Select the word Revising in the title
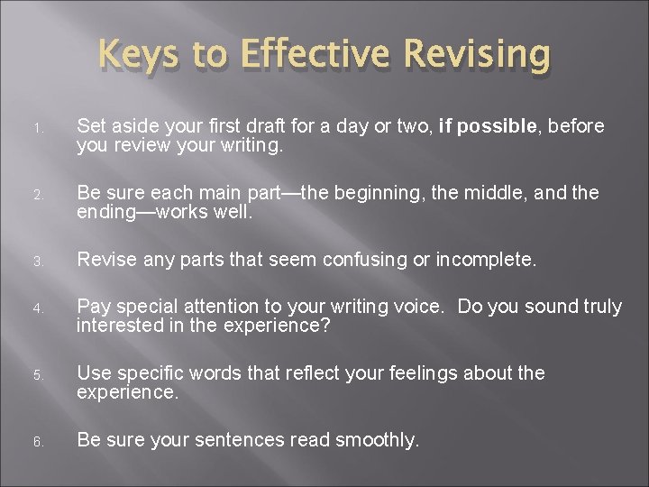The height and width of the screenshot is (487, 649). coord(478,56)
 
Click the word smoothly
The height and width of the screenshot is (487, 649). coord(377,440)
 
